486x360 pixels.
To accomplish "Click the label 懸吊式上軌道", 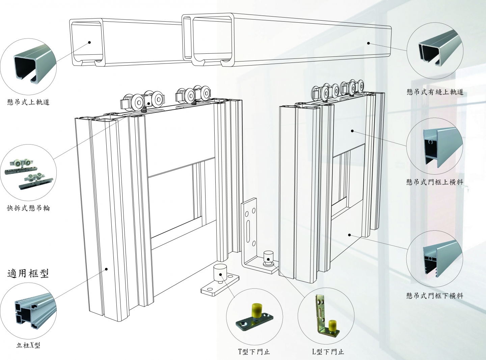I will tap(28, 102).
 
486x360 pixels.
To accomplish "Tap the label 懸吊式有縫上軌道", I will tap(435, 92).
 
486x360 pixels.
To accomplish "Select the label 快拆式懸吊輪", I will tap(28, 208).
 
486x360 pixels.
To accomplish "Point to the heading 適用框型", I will tap(28, 273).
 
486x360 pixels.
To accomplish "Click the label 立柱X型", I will tap(28, 345).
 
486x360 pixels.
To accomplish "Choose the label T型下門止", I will tap(254, 352).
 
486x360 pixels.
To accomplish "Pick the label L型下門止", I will tap(328, 352).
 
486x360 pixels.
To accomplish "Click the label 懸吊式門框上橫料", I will tap(435, 182).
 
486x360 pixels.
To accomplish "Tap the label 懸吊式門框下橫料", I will tap(435, 296).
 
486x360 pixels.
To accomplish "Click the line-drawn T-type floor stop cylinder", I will tap(220, 272).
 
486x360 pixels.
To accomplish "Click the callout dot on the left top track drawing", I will tap(89, 42).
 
